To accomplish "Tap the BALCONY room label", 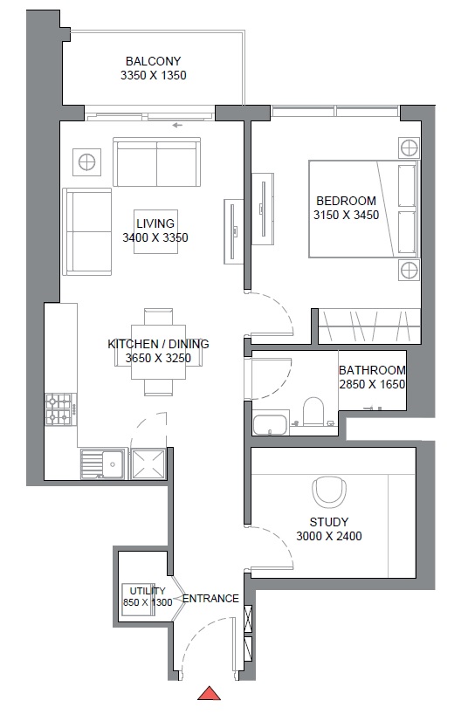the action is pyautogui.click(x=153, y=61).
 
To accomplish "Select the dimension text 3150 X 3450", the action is pyautogui.click(x=346, y=215).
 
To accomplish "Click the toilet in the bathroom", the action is pyautogui.click(x=313, y=411).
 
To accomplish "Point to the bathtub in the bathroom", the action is pyautogui.click(x=270, y=424).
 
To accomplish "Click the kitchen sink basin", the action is pyautogui.click(x=102, y=464).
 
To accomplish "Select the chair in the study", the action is pyautogui.click(x=328, y=491).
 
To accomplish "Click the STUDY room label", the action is pyautogui.click(x=328, y=522).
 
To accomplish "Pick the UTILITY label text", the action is pyautogui.click(x=148, y=591).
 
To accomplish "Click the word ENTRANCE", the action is pyautogui.click(x=210, y=598).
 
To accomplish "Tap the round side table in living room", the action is pyautogui.click(x=86, y=162).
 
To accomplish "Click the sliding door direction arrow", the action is pyautogui.click(x=177, y=125).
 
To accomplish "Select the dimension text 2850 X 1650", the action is pyautogui.click(x=372, y=384).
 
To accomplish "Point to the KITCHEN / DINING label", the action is pyautogui.click(x=158, y=344).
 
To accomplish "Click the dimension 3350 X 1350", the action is pyautogui.click(x=153, y=75).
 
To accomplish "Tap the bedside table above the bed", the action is pyautogui.click(x=409, y=148).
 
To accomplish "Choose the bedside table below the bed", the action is pyautogui.click(x=409, y=270).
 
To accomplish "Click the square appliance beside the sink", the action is pyautogui.click(x=148, y=464).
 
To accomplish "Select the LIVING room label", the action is pyautogui.click(x=155, y=223).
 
